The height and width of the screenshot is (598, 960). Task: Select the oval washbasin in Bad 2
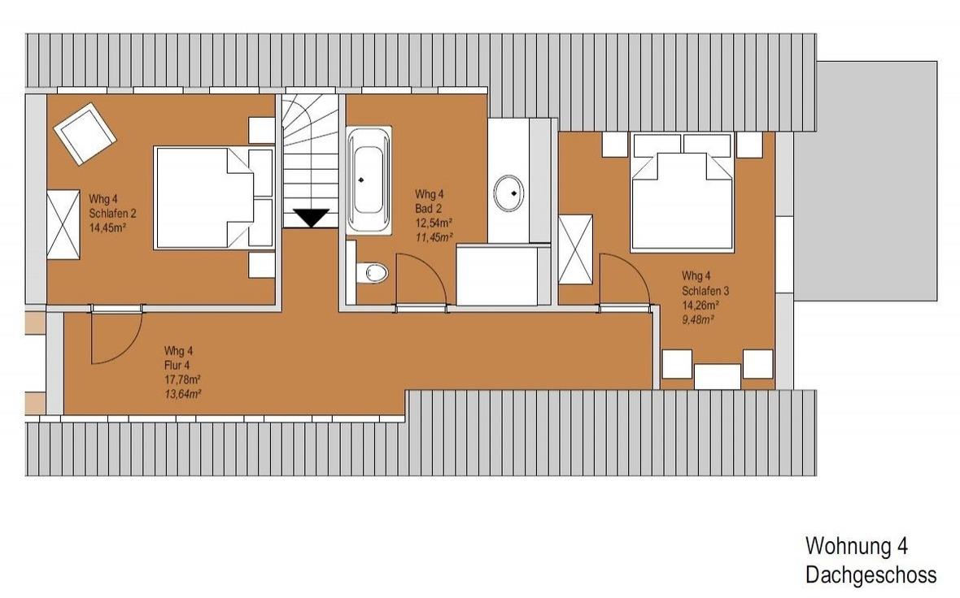[508, 193]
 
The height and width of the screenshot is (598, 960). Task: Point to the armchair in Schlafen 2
[85, 133]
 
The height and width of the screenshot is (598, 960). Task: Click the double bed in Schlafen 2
[213, 197]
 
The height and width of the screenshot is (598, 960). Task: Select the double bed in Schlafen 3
[682, 193]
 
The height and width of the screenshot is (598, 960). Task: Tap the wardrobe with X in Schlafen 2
[63, 224]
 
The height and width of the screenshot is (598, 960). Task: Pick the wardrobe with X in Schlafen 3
[575, 249]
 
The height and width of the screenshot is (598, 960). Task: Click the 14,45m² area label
[107, 228]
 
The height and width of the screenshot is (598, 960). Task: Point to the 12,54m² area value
[434, 223]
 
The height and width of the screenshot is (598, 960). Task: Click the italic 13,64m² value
[182, 394]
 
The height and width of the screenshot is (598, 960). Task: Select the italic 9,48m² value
[698, 319]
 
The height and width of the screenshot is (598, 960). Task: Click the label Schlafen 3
[705, 290]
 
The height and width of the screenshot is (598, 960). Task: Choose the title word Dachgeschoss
[871, 574]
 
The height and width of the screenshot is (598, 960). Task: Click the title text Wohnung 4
[857, 545]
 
